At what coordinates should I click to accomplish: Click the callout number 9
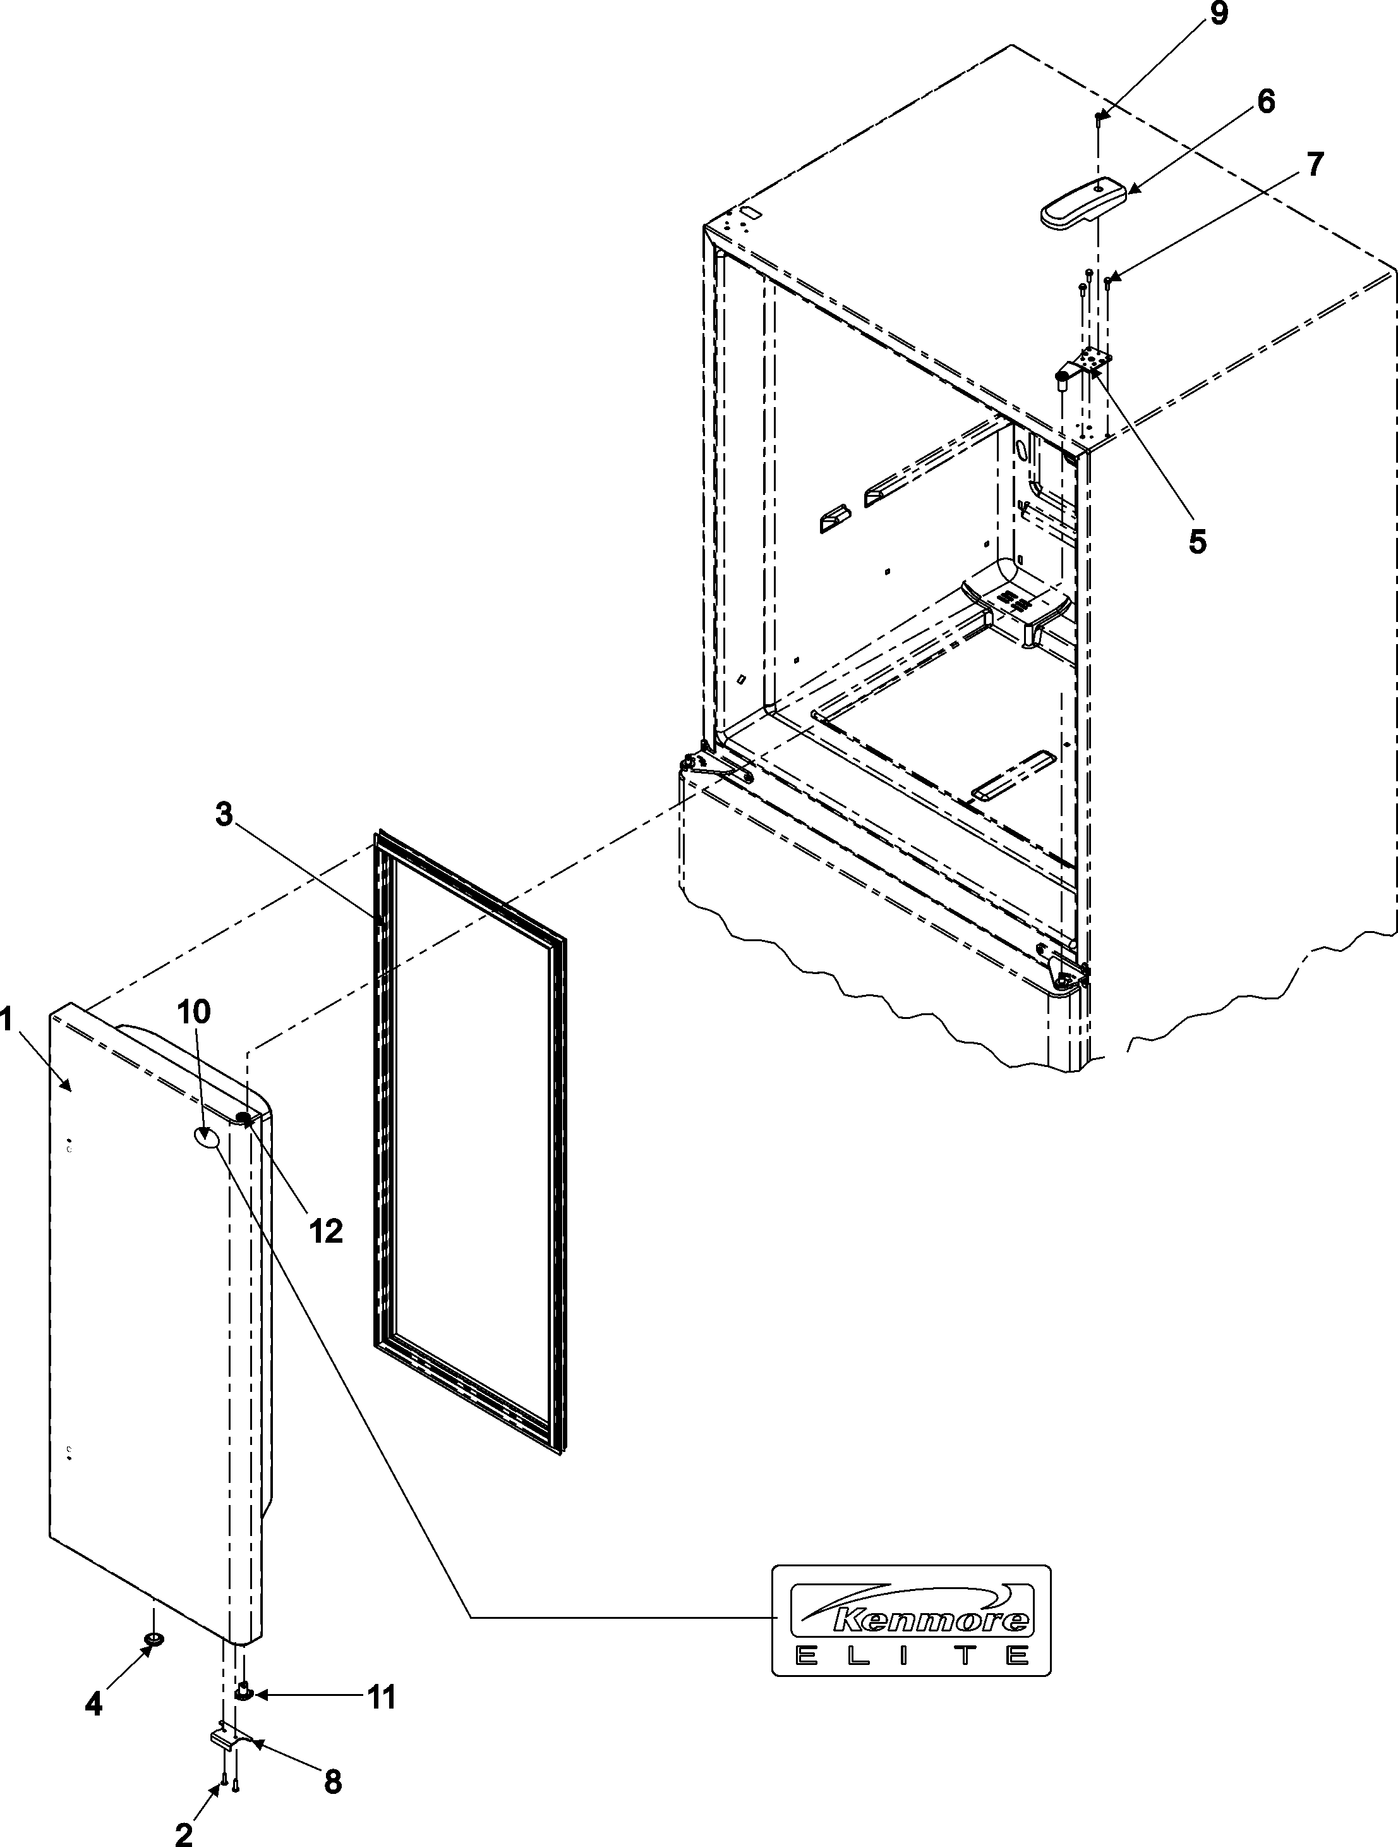pos(1219,16)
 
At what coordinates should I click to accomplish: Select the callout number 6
pos(1266,102)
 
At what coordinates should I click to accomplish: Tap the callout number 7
pos(1315,164)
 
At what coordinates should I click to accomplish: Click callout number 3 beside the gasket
pos(224,814)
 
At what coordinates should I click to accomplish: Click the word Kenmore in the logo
pos(931,1620)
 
